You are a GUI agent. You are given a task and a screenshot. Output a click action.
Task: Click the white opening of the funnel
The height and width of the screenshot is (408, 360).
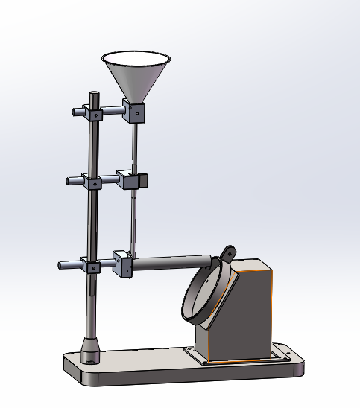coord(136,58)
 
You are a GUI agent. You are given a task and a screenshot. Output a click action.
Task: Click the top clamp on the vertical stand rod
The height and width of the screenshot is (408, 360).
coord(94,113)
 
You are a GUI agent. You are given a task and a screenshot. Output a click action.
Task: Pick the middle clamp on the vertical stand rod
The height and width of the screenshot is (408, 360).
coord(94,182)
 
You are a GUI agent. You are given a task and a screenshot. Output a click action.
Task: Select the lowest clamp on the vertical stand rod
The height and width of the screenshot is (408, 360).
coord(92,266)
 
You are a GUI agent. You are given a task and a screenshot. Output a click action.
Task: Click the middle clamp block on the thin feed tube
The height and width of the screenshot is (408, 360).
coord(133,180)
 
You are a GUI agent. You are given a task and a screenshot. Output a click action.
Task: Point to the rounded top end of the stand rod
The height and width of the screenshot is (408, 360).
coord(95,95)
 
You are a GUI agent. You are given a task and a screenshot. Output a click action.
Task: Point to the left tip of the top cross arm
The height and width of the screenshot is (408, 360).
coord(75,112)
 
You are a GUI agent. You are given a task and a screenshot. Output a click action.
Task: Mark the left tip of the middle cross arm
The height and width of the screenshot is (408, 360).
coord(69,180)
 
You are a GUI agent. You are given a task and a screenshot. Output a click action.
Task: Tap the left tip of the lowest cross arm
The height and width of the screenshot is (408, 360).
coord(63,264)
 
